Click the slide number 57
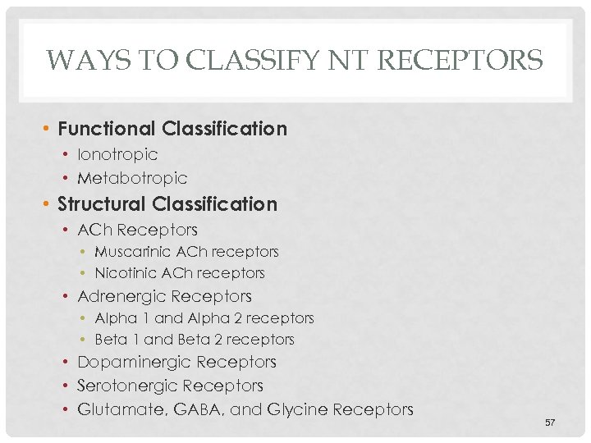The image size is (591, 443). tap(550, 422)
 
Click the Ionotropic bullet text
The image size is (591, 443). tap(117, 154)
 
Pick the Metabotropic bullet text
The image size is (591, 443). tap(132, 178)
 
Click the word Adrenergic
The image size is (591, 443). tap(119, 296)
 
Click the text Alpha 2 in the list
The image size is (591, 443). tap(215, 317)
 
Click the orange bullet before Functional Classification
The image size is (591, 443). tap(48, 130)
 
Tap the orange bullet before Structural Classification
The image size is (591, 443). tap(48, 204)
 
